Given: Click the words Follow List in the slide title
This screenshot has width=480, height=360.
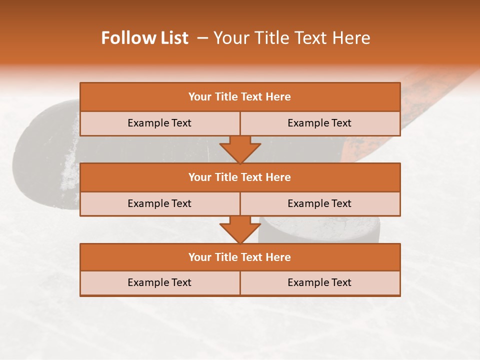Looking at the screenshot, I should pos(144,38).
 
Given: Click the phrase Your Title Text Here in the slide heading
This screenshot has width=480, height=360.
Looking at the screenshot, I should pos(291,38).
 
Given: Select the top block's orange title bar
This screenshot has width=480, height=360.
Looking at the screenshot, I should pos(240,97).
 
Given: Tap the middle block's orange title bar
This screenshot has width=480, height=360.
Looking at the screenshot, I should pos(240,177).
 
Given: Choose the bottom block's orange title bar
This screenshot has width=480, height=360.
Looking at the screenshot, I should pos(240,257).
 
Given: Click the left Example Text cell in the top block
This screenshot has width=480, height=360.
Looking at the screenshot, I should pos(159,123).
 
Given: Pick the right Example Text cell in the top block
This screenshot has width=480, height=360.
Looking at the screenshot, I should pos(320,123).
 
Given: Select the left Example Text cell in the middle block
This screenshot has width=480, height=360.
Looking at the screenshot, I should pos(159,203).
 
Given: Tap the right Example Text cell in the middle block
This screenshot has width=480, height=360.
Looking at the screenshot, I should pos(320,203).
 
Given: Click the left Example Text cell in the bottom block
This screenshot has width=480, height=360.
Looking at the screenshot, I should pos(159,282).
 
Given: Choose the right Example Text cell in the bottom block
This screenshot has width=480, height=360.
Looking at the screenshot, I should pos(320,282).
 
